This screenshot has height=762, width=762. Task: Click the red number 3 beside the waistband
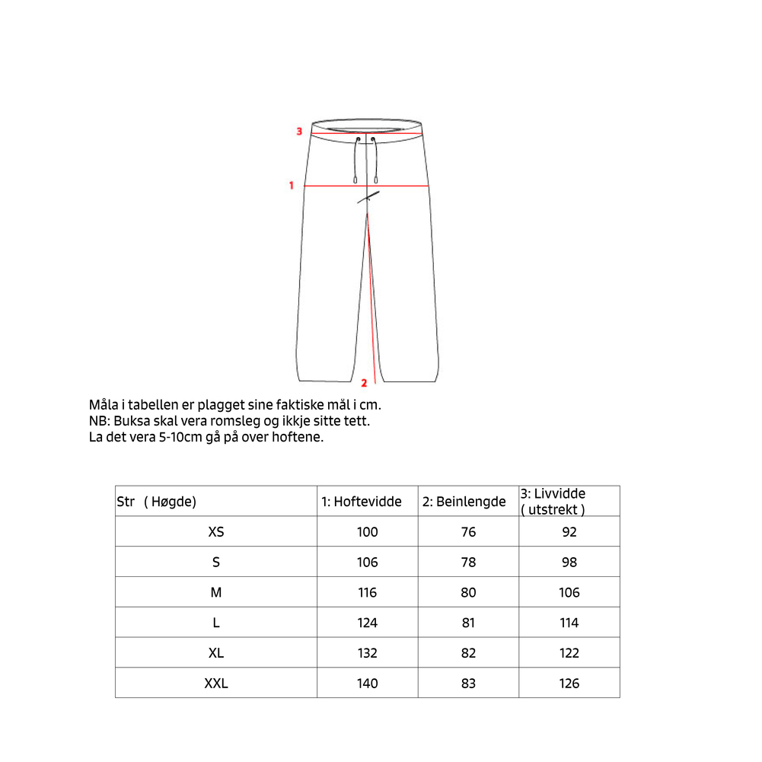(300, 132)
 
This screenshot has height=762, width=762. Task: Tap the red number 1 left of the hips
(291, 185)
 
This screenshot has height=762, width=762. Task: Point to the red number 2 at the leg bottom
(364, 383)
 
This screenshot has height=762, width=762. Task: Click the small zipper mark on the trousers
(368, 198)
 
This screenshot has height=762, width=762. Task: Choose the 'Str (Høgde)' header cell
(157, 502)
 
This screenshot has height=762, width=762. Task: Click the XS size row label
(216, 532)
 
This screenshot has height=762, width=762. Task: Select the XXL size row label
(216, 684)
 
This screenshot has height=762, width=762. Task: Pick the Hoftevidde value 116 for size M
(367, 592)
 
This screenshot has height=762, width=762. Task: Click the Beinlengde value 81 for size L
(468, 623)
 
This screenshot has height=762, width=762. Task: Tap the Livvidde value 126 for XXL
(569, 684)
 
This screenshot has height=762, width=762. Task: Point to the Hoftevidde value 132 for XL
(367, 653)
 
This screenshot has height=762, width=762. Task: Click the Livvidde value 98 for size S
(569, 563)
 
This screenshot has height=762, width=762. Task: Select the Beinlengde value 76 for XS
(468, 532)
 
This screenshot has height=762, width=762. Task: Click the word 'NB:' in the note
(99, 421)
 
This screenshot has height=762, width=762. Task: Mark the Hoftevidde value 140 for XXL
(367, 684)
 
